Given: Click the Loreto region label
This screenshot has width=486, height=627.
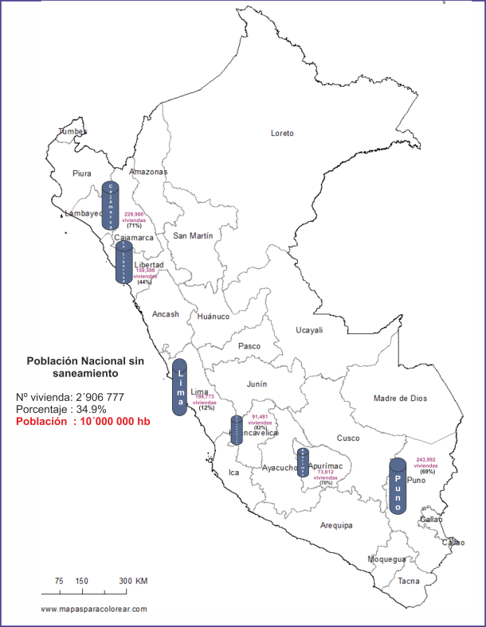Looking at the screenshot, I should pos(282,133).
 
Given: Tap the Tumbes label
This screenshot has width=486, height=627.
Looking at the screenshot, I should pos(73,131).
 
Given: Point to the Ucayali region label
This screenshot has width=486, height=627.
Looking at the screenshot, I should pos(309,329).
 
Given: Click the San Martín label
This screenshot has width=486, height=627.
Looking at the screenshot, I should pos(193,236).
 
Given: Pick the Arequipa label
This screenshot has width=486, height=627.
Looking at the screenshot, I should pos(336,525).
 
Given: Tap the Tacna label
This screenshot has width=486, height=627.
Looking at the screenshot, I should pos(409,582).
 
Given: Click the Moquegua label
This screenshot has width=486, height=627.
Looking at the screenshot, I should pos(386,559).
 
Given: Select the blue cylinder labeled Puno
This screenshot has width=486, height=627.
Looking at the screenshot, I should pos(398,486).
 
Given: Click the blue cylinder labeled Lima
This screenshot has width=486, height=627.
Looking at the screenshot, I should pos(179,387).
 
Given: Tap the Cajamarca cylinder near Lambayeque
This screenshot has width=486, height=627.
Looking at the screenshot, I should pos(112,206).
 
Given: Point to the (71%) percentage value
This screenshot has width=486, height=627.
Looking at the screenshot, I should pos(134,226).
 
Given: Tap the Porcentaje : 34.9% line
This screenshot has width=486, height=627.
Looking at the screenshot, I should pos(53,409).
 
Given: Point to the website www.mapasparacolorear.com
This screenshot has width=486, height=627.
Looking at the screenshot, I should pos(94,609).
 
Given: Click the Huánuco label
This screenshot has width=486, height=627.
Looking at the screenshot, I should pos(213,316).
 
